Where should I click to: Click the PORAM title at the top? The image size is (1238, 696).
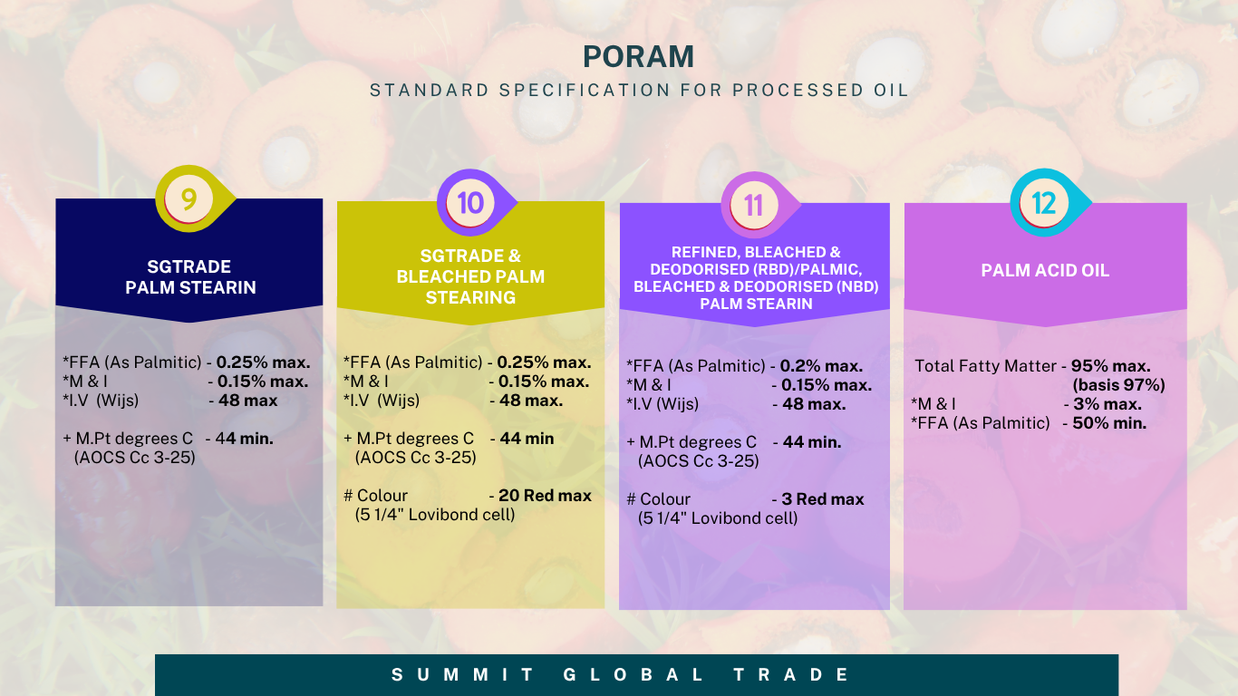(638, 56)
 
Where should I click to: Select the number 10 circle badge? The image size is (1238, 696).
(470, 203)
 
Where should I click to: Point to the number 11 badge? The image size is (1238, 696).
(754, 206)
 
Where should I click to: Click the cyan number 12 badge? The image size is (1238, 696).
(1043, 203)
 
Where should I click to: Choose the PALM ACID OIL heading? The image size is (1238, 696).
(1045, 270)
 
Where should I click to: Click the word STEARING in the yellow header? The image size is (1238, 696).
(470, 297)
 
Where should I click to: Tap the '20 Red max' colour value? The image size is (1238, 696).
(545, 496)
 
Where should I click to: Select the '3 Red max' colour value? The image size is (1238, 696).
(822, 499)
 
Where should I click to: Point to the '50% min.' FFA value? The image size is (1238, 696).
(1109, 423)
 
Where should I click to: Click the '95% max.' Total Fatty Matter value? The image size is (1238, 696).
(1111, 366)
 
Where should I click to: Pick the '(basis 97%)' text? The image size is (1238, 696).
(1118, 385)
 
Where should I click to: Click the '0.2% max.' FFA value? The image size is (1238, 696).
(821, 366)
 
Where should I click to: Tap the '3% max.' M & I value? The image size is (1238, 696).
(1107, 404)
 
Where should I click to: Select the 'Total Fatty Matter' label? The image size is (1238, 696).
(985, 366)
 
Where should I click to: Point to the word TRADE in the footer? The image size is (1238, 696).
(791, 674)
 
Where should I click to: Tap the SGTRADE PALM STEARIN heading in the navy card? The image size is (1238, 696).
(190, 277)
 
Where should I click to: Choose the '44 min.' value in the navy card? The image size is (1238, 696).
(245, 439)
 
